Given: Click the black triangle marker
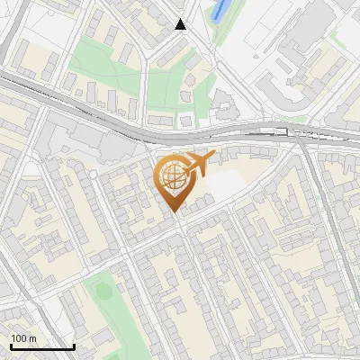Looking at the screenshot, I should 181,24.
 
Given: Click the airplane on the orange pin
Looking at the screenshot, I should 199,163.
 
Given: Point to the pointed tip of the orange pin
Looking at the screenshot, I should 174,211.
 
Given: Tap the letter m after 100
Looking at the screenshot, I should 32,338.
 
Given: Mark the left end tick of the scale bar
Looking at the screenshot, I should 11,346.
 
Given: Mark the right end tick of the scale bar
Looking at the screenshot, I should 74,346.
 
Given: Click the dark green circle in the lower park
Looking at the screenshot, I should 104,292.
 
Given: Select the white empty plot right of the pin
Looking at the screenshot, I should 226,184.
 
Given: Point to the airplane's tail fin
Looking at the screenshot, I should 209,157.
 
